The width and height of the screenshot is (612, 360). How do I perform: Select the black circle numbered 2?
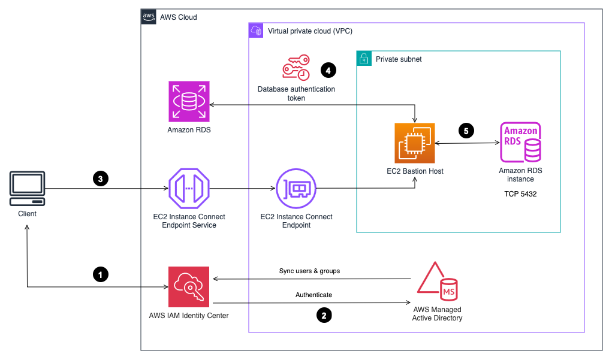324,315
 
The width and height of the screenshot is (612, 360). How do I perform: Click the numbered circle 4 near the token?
327,70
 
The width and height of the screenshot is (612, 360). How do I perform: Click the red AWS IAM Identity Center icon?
189,286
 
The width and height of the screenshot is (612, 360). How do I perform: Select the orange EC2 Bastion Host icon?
415,143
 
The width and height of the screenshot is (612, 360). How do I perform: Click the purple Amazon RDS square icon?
189,102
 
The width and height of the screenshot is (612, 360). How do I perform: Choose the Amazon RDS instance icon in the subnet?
520,143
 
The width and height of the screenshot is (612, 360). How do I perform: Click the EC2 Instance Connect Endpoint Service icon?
189,188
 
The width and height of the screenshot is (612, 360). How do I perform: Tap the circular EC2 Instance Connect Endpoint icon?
296,188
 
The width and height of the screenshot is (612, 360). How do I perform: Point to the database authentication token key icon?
296,68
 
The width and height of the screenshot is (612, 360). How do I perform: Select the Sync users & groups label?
309,271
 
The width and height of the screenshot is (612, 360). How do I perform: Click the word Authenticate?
313,295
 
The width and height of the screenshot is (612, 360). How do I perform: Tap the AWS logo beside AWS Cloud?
149,17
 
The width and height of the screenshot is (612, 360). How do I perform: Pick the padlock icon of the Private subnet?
363,58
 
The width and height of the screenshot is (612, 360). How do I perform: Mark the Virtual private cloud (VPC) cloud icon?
256,31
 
